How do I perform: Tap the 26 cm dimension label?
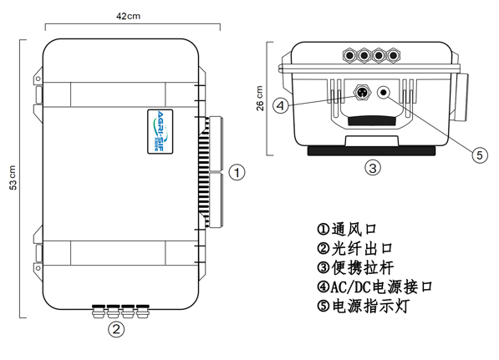[x=259, y=99]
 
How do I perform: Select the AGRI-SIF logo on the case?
[x=163, y=129]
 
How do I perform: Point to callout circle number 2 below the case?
[x=117, y=328]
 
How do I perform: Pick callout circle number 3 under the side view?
[x=374, y=168]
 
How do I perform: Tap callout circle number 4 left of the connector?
[x=281, y=105]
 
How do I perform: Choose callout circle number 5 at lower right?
[x=479, y=154]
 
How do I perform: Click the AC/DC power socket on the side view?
[x=364, y=93]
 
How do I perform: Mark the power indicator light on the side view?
[x=385, y=94]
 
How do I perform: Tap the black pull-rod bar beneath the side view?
[x=373, y=151]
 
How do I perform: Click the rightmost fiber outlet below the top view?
[x=144, y=312]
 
